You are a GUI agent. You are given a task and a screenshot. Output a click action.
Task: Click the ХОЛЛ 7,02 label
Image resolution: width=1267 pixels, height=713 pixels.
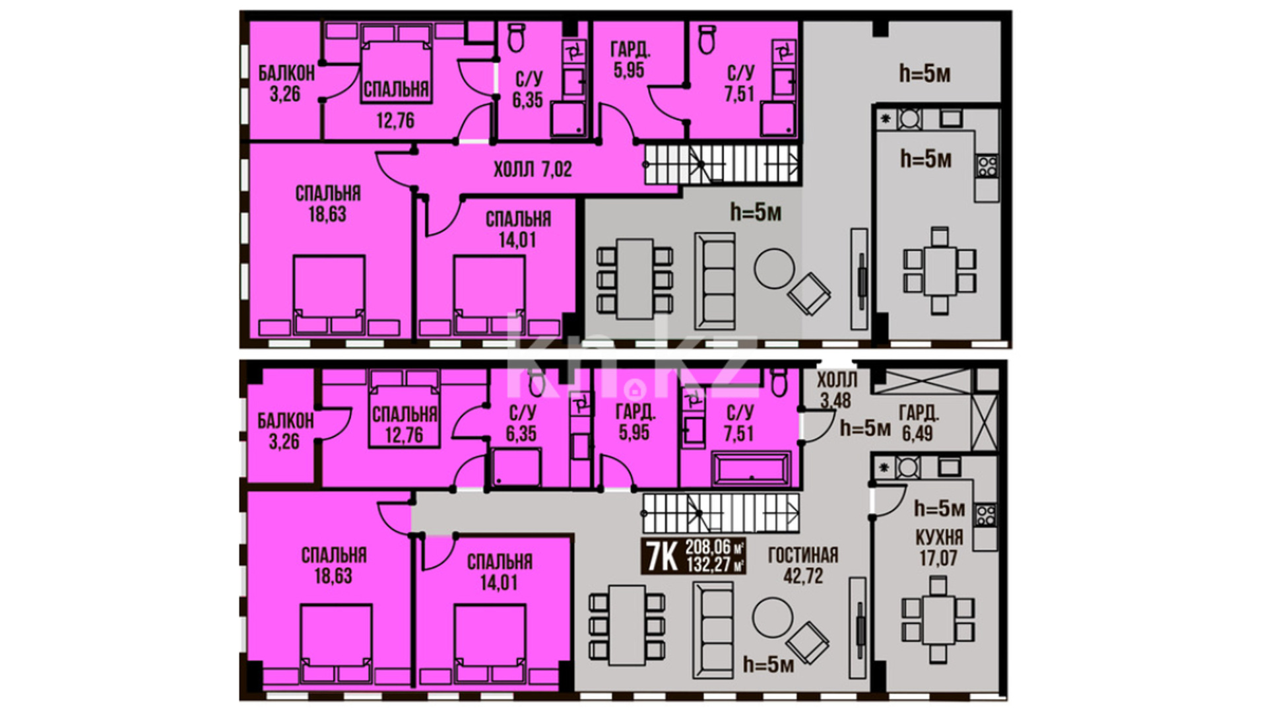click(533, 170)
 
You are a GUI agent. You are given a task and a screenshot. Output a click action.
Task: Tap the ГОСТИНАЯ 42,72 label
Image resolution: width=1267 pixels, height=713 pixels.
click(803, 565)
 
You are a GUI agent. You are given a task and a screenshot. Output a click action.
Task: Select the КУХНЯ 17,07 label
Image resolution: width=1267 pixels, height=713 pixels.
click(939, 548)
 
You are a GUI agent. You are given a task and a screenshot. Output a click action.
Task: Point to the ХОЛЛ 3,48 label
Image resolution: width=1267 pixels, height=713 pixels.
click(837, 390)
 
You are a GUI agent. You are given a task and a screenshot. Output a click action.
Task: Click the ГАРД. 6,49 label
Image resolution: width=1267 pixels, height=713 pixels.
click(919, 423)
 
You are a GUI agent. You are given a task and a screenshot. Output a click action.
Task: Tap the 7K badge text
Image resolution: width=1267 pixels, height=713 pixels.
click(662, 557)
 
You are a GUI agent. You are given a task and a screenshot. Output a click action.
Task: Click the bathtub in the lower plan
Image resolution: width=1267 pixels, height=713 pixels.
click(751, 469)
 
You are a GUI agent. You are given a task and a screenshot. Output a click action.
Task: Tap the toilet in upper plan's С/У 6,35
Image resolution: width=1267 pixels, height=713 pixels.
click(516, 37)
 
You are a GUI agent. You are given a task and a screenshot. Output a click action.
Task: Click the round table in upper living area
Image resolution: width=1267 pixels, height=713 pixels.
click(774, 268)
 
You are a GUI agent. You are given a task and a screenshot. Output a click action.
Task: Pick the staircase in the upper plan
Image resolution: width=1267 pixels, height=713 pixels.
click(721, 164)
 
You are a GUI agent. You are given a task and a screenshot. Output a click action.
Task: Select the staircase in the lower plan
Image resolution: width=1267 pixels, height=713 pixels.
click(721, 513)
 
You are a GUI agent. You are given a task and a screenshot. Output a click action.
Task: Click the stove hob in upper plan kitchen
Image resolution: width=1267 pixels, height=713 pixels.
click(987, 165)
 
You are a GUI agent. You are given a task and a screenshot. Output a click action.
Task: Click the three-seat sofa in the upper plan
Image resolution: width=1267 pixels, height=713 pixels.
click(714, 281)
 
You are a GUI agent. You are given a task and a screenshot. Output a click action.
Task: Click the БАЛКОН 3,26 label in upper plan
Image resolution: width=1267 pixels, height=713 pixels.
click(286, 83)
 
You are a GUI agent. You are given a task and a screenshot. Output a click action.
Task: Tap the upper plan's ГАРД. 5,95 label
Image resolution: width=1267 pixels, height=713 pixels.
click(630, 59)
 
